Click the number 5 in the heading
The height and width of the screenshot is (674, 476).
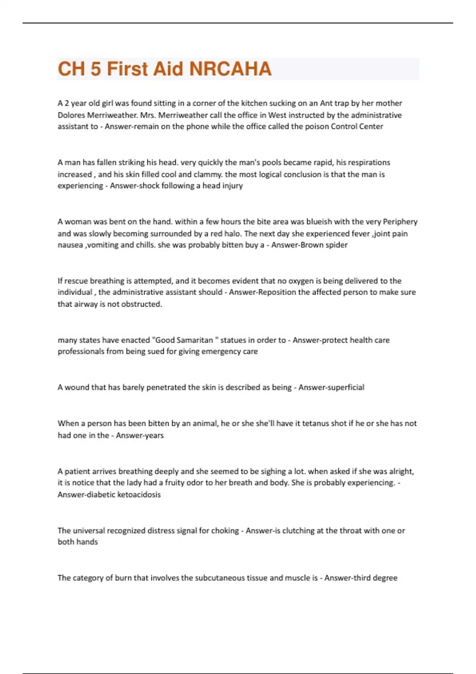(x=96, y=69)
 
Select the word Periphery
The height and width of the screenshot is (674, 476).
(x=400, y=221)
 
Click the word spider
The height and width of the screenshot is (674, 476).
(x=336, y=245)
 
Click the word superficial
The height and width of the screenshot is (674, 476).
(x=344, y=387)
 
